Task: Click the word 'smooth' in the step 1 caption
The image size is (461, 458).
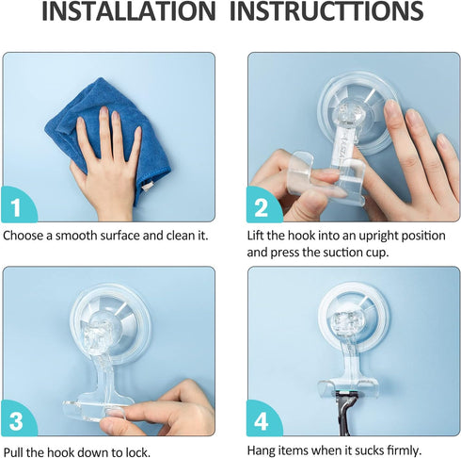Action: click(x=84, y=235)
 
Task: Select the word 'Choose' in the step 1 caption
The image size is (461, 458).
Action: click(x=24, y=235)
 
